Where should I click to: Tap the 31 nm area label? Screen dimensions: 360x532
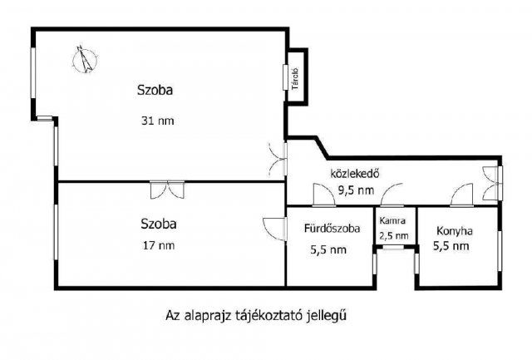(x=158, y=121)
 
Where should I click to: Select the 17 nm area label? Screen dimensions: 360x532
(x=158, y=244)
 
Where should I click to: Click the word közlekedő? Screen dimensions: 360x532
(x=355, y=174)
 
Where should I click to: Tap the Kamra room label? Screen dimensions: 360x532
(x=393, y=222)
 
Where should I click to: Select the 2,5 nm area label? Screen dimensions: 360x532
(x=393, y=235)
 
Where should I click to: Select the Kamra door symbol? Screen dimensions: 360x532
(x=393, y=199)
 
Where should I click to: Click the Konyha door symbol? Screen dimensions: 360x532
(x=457, y=198)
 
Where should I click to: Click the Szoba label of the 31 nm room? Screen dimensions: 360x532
(x=158, y=89)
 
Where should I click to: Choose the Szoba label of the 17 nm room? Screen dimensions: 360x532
(x=158, y=224)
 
